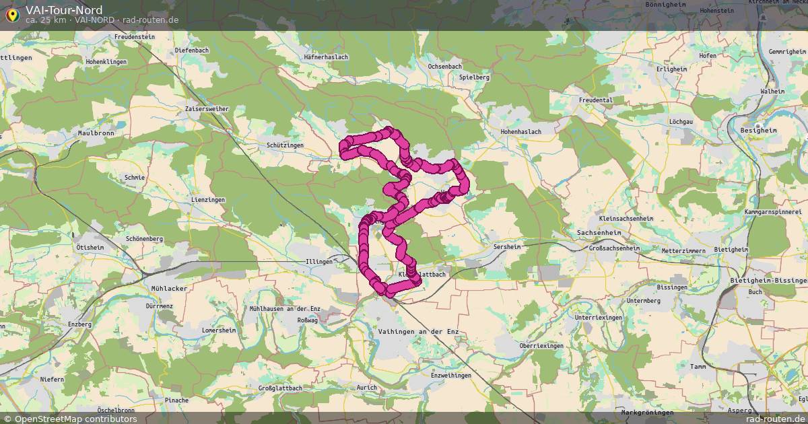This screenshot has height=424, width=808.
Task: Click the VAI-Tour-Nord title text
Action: click(x=64, y=9)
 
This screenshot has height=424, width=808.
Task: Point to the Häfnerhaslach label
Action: click(x=326, y=57)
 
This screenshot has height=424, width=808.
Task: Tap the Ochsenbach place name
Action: click(x=444, y=67)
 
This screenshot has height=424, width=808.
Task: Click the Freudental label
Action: click(x=596, y=100)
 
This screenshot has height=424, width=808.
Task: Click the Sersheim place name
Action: click(x=507, y=248)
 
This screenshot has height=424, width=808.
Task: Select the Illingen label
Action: click(x=319, y=262)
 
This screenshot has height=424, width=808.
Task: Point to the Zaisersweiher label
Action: click(x=207, y=108)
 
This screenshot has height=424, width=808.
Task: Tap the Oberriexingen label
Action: click(x=541, y=345)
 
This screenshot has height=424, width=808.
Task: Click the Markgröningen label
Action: click(x=647, y=412)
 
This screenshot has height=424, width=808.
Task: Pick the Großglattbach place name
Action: click(x=280, y=388)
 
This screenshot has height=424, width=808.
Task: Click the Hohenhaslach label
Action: click(x=521, y=132)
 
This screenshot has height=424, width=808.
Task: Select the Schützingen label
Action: click(x=285, y=145)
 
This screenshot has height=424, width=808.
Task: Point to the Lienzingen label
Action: click(x=207, y=201)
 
